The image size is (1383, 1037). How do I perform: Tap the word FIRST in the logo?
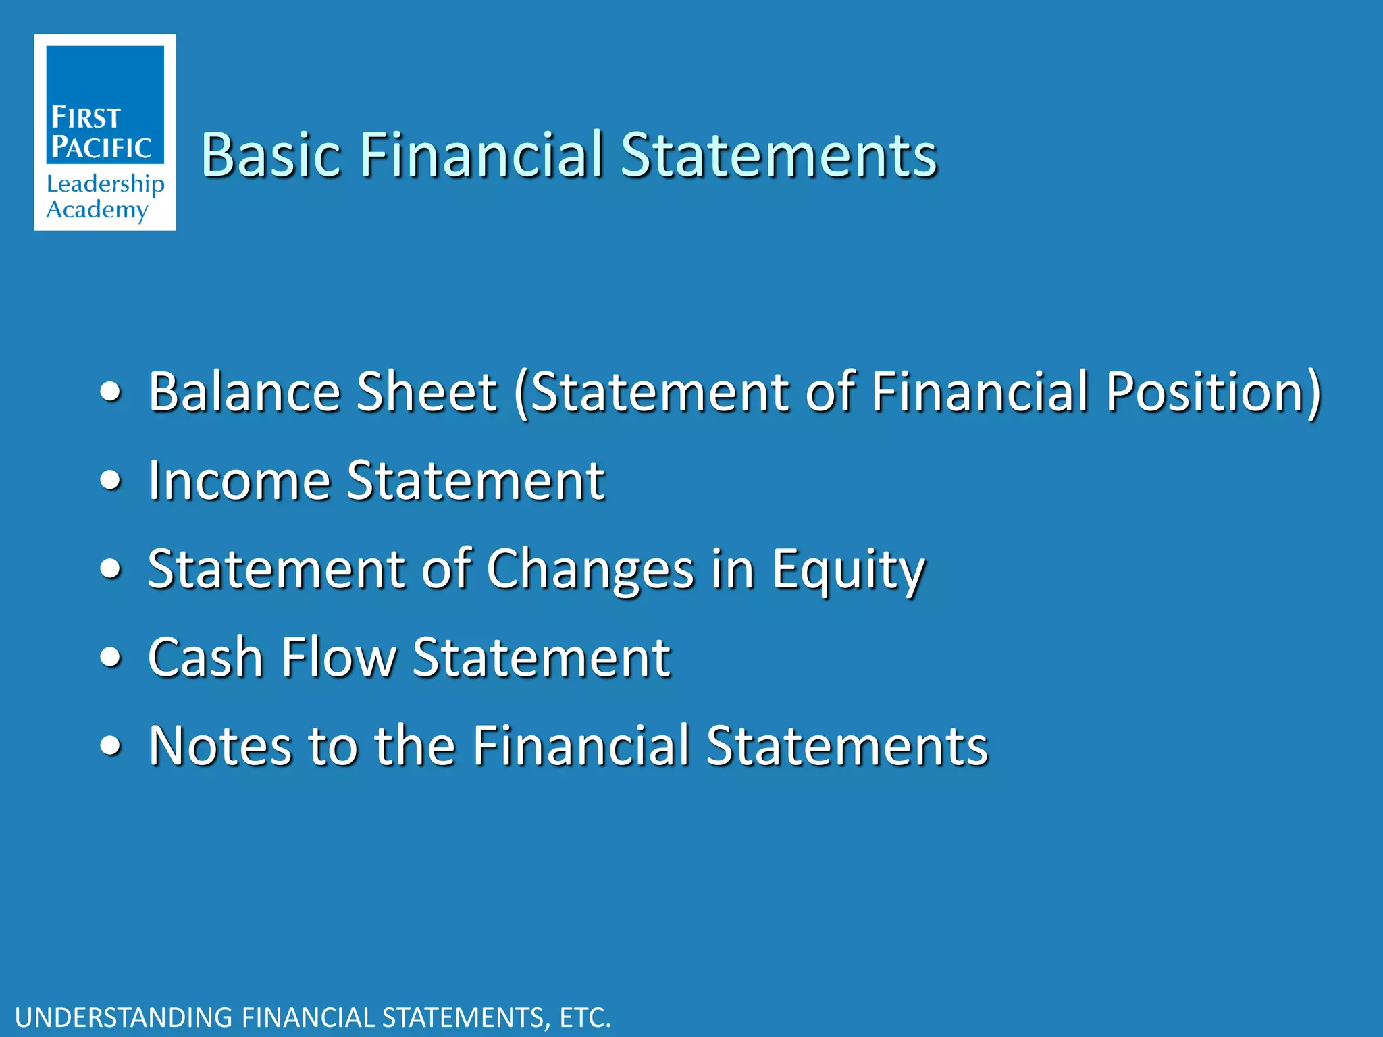click(x=86, y=117)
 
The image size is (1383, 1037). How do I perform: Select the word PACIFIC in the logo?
click(x=101, y=147)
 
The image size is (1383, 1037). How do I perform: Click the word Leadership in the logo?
click(x=105, y=184)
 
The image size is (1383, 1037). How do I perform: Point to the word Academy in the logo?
click(x=97, y=210)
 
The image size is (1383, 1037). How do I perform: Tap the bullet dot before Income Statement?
click(x=110, y=481)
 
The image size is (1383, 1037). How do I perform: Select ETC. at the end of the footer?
click(x=585, y=1017)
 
